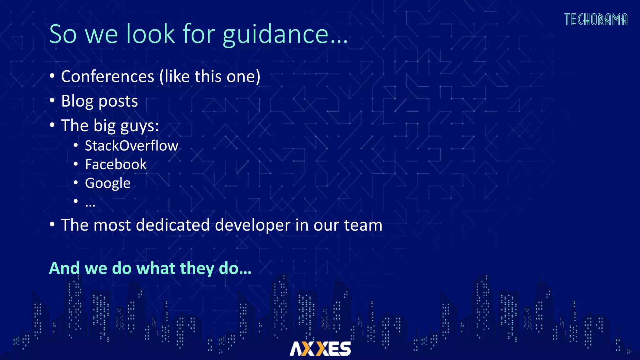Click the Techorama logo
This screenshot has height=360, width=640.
596,19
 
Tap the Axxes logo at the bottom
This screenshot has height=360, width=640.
320,348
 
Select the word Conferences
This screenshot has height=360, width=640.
107,77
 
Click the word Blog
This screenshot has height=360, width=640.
77,101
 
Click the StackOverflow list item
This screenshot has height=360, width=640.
131,146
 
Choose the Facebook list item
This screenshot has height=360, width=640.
116,164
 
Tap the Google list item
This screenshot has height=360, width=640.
107,183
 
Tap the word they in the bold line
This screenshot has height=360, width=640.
197,269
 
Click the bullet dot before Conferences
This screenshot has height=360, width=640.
52,76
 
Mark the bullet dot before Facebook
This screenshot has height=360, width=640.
76,164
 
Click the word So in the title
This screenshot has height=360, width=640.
63,34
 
